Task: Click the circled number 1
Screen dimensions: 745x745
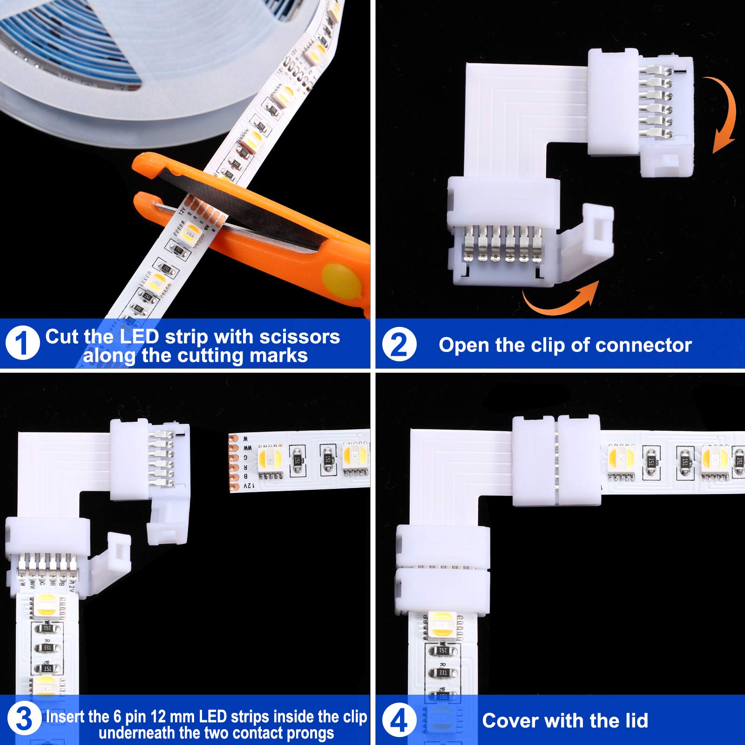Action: [x=22, y=343]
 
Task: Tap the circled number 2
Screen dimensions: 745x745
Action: [x=399, y=345]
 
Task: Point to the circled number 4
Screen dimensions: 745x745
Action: [x=399, y=720]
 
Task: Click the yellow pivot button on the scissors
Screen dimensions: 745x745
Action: [x=341, y=281]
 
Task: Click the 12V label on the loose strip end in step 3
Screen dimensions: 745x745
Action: [x=250, y=486]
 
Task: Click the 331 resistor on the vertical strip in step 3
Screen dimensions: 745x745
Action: [x=47, y=648]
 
